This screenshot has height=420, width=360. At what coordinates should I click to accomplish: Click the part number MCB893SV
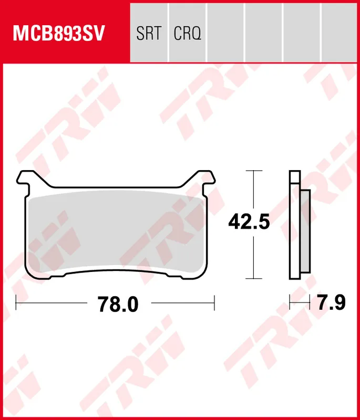(x=59, y=34)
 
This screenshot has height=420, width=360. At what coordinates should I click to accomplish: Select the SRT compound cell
(x=148, y=34)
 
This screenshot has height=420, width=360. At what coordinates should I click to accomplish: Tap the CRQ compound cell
(x=187, y=34)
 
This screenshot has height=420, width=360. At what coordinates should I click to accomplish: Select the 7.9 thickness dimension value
(x=331, y=302)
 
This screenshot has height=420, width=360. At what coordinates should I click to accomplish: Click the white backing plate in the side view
(x=294, y=226)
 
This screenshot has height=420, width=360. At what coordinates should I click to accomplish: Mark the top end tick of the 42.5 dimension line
(x=254, y=171)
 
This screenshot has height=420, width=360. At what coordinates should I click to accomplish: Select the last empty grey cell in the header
(x=341, y=31)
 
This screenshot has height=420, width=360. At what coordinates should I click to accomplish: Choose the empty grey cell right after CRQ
(x=225, y=31)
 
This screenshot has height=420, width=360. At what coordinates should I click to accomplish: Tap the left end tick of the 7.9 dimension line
(x=290, y=302)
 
